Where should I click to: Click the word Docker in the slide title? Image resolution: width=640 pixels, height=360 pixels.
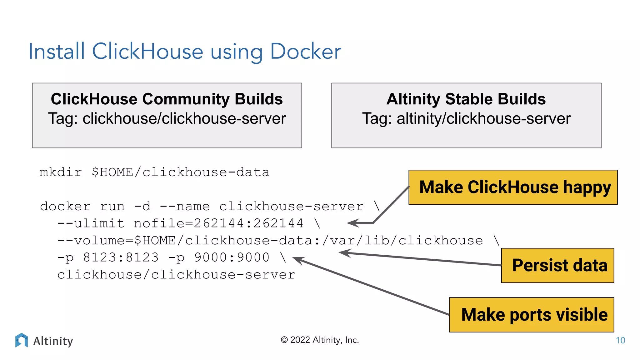305,52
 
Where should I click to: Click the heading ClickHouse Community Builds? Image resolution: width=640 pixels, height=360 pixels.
167,99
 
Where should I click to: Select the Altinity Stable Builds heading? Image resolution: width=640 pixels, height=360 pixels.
466,99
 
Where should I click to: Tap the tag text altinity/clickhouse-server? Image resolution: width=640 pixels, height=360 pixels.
483,119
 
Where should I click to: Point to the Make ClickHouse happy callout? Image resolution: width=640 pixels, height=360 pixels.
513,187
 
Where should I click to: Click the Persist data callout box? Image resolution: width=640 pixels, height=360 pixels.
557,265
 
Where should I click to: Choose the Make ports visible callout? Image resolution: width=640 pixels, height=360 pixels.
531,314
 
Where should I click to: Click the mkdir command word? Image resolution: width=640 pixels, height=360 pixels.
61,172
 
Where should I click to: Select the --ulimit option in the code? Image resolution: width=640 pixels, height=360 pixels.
91,223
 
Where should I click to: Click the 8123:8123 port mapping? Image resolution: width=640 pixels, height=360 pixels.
121,257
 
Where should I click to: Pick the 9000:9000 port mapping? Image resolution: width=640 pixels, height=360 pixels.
232,257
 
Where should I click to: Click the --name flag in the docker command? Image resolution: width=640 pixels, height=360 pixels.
185,207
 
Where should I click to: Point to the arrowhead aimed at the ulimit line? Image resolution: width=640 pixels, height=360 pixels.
352,223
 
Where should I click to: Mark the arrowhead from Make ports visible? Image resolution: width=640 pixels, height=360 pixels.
297,259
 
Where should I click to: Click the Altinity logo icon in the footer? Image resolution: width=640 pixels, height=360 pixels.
21,340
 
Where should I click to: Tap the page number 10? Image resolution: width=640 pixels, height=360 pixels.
620,340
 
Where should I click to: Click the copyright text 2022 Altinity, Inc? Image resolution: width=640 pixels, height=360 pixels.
320,340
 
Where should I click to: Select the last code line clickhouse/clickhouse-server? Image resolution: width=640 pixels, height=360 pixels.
176,275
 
